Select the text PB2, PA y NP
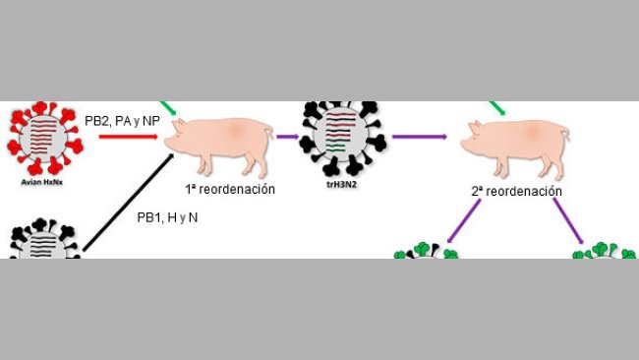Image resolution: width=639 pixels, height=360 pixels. [x=121, y=117]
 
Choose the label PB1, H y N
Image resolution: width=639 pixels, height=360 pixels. [x=166, y=216]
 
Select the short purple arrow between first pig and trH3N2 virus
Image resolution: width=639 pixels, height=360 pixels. [x=287, y=139]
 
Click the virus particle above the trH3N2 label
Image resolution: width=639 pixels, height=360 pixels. [x=338, y=139]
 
